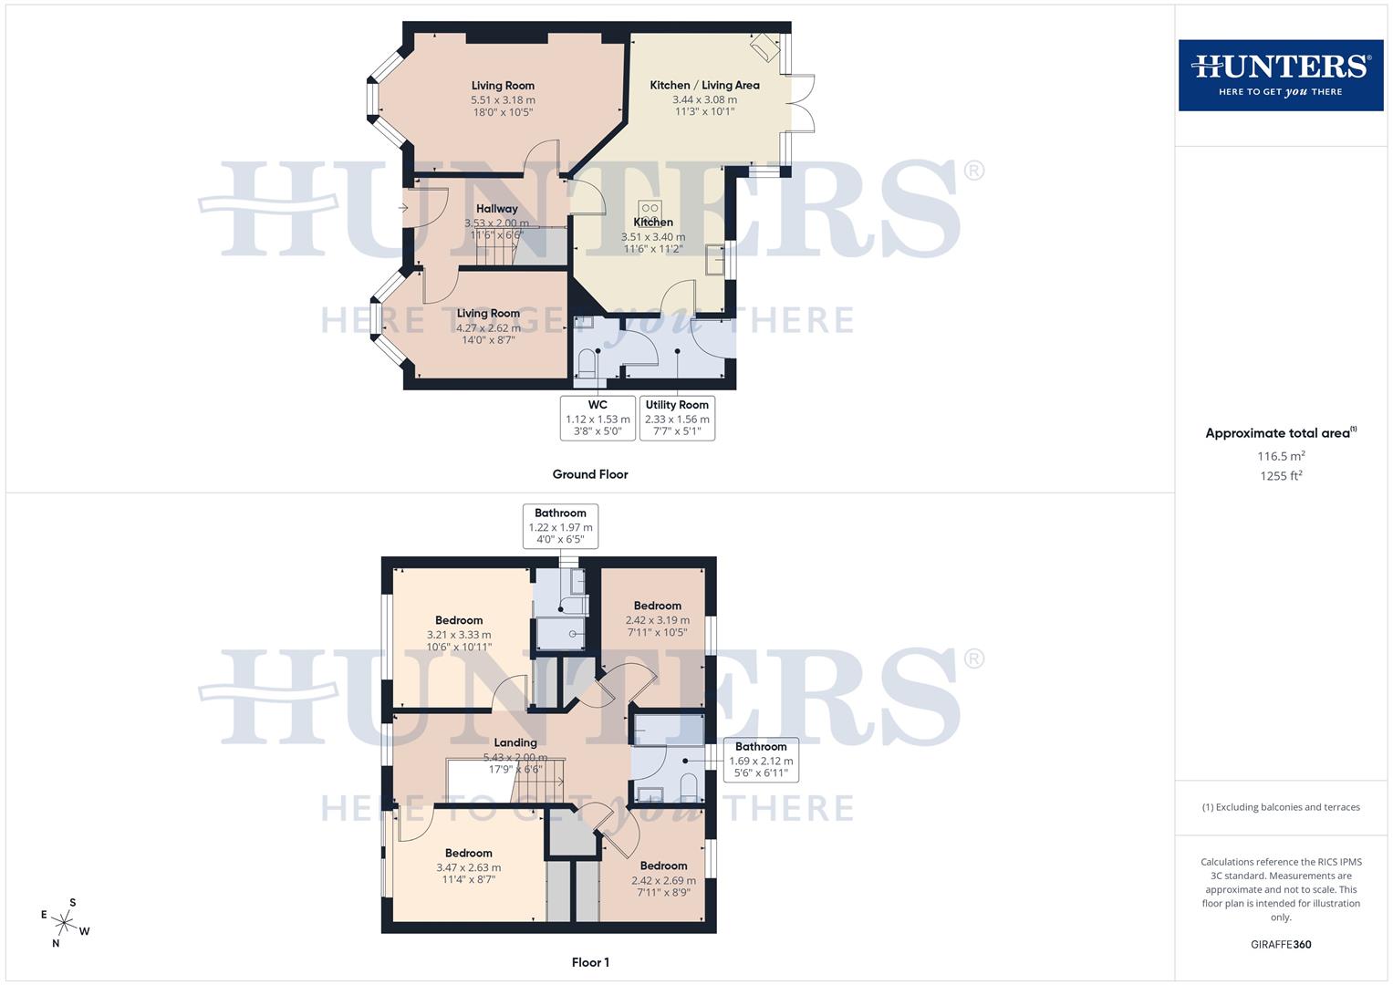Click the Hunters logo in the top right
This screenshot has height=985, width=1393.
tap(1280, 75)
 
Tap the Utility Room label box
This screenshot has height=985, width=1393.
tap(677, 418)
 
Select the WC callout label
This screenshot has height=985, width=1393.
tap(598, 418)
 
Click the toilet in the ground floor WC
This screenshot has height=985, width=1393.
tap(587, 365)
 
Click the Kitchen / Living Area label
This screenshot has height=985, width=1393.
tap(704, 85)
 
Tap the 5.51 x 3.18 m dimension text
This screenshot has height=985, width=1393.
tap(503, 99)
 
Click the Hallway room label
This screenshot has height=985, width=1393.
tap(496, 209)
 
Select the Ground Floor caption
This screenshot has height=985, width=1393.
tap(590, 474)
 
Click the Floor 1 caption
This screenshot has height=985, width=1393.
tap(590, 962)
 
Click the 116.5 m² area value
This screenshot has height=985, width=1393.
tap(1281, 456)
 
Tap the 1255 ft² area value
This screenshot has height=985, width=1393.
tap(1281, 475)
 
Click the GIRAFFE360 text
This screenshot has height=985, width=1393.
tap(1281, 945)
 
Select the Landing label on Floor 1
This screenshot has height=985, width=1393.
tap(515, 742)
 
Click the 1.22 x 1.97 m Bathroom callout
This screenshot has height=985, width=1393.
tap(560, 526)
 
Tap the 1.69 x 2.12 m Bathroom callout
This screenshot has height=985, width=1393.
tap(761, 761)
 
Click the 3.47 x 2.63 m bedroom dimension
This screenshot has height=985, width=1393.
tap(468, 867)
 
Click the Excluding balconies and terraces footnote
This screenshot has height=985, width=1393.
tap(1281, 807)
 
